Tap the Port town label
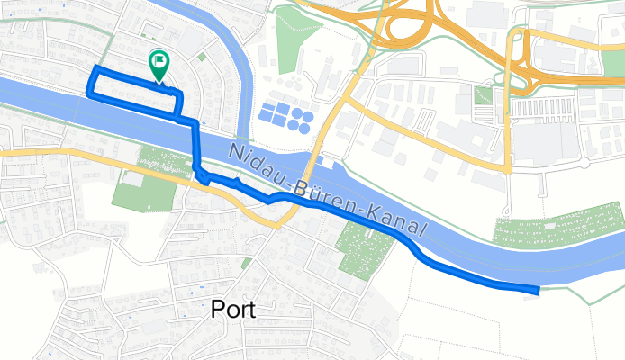tap(232, 310)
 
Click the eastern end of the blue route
tap(537, 289)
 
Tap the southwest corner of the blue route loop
tap(88, 91)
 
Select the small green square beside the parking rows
tap(484, 94)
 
